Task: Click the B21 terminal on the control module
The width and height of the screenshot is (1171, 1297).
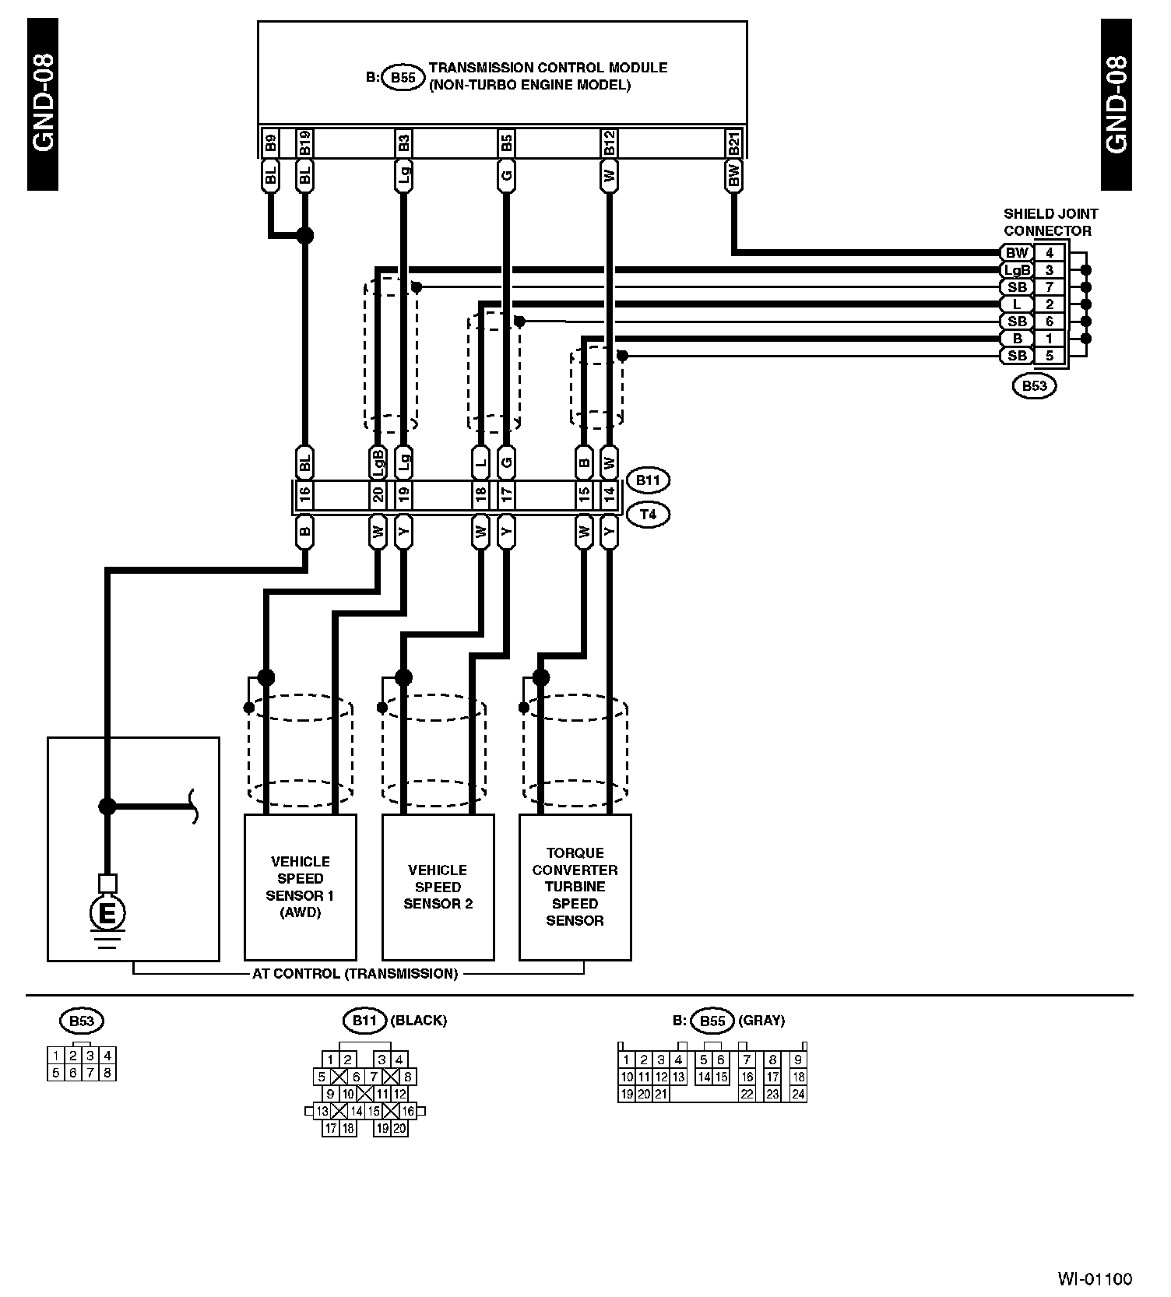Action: (x=733, y=142)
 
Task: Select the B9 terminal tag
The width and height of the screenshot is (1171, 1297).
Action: (x=270, y=142)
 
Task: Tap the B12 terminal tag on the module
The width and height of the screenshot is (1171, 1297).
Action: (x=609, y=142)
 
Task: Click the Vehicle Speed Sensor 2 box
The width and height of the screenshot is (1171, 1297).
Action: (x=438, y=887)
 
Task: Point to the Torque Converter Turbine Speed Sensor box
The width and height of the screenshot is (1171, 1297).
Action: (x=575, y=887)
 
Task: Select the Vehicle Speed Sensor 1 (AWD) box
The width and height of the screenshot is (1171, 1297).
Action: (x=300, y=887)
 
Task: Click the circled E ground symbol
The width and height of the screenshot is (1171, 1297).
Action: (x=107, y=912)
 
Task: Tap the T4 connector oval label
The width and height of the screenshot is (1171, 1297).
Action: (x=648, y=515)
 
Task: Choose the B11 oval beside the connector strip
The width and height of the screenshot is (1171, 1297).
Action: (x=648, y=480)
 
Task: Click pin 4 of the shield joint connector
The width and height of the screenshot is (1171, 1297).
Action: (x=1050, y=252)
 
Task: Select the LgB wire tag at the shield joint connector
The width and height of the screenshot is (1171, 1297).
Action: (x=1017, y=270)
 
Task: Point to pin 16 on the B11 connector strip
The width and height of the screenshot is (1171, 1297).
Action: (x=304, y=492)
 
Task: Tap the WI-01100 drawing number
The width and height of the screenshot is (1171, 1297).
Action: (x=1095, y=1278)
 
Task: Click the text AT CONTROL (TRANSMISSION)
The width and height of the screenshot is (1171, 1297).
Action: (x=355, y=973)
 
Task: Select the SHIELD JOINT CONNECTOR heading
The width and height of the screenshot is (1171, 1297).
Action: (x=1050, y=222)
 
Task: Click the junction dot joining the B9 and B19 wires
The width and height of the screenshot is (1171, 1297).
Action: (x=305, y=234)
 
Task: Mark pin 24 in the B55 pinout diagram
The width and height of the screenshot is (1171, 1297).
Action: (x=797, y=1094)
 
